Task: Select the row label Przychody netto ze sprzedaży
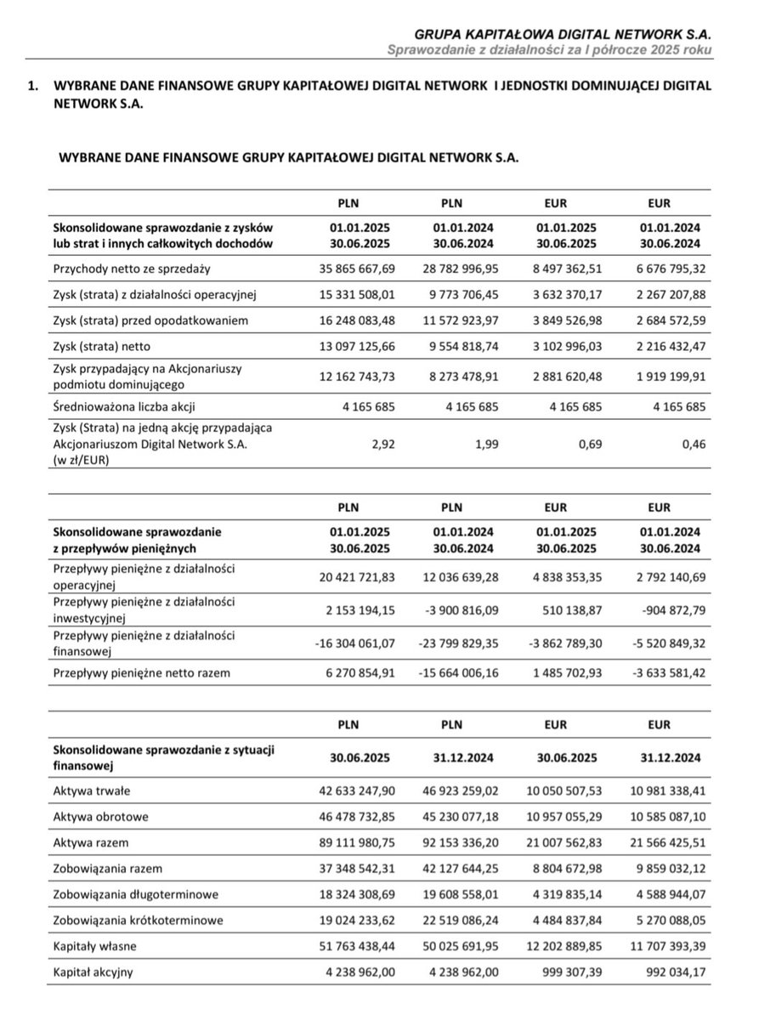132,269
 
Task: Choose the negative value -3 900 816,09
456,609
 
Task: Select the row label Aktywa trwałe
92,790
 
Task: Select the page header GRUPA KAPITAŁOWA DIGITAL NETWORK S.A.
564,34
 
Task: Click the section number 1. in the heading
33,88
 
